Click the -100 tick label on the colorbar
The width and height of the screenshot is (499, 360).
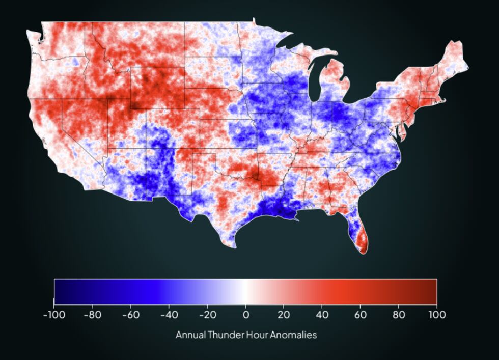click(54, 315)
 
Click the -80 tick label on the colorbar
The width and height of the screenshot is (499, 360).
click(92, 315)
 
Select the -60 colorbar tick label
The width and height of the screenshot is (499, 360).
click(130, 315)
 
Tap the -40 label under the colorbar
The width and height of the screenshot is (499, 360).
click(169, 315)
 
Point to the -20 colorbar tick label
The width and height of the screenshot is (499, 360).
click(207, 315)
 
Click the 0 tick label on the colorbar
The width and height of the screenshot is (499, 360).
click(245, 315)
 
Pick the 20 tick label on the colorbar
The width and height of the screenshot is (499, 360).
click(284, 315)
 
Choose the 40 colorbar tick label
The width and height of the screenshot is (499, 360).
click(322, 315)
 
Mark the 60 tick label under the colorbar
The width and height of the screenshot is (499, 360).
click(360, 315)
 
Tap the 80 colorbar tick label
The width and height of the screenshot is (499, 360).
click(398, 315)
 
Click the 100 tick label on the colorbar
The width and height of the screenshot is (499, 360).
click(436, 315)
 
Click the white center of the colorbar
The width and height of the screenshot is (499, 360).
click(245, 291)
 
